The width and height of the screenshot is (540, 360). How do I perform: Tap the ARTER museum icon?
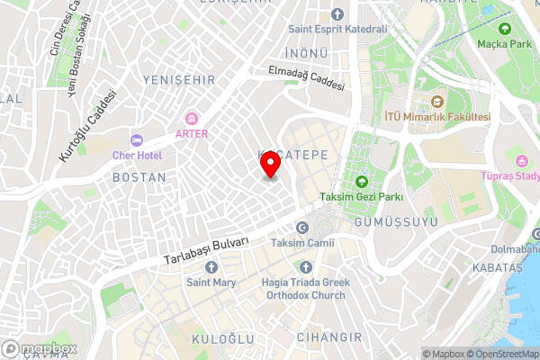pos(191,118)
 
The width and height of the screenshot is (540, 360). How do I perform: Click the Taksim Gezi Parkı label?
pos(360,196)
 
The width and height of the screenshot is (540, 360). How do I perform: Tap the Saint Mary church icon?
pos(211,267)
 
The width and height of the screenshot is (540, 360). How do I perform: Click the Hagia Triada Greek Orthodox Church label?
pos(303,288)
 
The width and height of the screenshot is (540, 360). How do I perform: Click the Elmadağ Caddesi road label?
pos(306,79)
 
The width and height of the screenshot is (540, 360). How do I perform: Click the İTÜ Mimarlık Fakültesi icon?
pos(437,101)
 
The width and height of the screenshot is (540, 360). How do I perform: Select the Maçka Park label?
pos(505,42)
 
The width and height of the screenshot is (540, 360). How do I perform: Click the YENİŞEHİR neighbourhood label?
pos(179,80)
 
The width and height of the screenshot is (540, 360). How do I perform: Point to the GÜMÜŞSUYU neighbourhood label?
pos(389,220)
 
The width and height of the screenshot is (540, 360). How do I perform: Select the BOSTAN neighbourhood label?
pos(139,177)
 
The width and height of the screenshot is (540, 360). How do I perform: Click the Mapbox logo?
pos(40,348)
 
